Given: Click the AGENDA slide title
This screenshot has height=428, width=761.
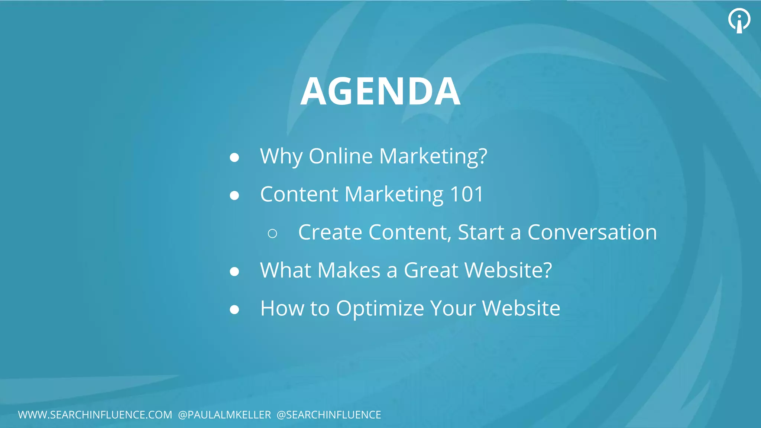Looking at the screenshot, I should click(x=380, y=91).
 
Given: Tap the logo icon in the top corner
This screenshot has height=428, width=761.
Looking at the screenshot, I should click(x=739, y=20).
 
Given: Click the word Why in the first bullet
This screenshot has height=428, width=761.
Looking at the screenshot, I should click(x=281, y=156).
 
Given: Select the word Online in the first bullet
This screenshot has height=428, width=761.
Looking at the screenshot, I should click(x=340, y=156).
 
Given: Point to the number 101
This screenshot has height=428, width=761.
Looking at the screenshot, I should click(x=466, y=194).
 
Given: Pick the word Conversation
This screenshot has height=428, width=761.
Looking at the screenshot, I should click(x=592, y=232).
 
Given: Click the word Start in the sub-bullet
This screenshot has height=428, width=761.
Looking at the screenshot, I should click(x=480, y=232).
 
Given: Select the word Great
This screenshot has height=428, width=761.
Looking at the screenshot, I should click(x=431, y=270).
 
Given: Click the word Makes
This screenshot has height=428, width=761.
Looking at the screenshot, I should click(x=349, y=270).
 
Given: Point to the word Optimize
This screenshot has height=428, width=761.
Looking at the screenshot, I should click(x=380, y=308).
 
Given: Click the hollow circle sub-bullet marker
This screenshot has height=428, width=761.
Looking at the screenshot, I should click(x=272, y=233).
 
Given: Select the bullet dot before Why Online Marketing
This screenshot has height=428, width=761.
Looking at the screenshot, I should click(x=234, y=158).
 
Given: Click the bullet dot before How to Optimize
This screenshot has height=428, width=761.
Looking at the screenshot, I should click(x=234, y=309).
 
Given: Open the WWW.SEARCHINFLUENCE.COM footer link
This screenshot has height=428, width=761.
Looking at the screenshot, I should click(x=95, y=415).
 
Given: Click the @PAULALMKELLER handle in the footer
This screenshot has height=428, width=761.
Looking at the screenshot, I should click(x=224, y=415).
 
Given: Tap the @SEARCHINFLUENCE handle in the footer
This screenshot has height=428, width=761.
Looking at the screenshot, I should click(x=329, y=415).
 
